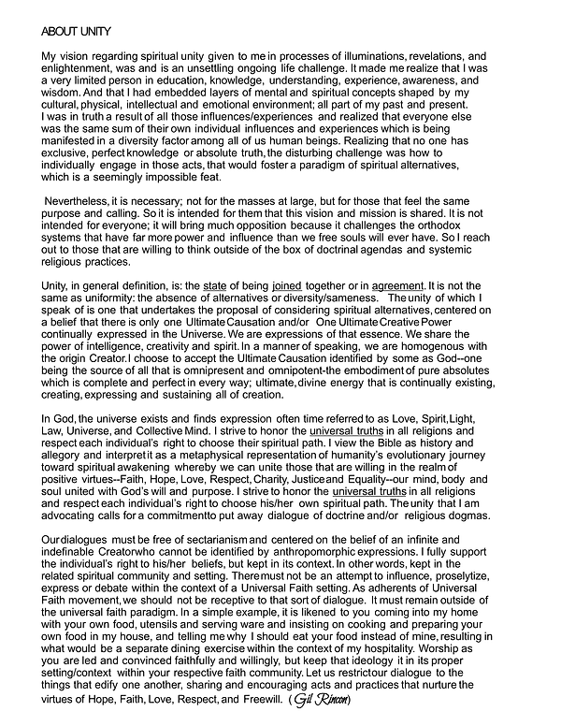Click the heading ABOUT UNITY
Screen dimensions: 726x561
[x=77, y=32]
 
